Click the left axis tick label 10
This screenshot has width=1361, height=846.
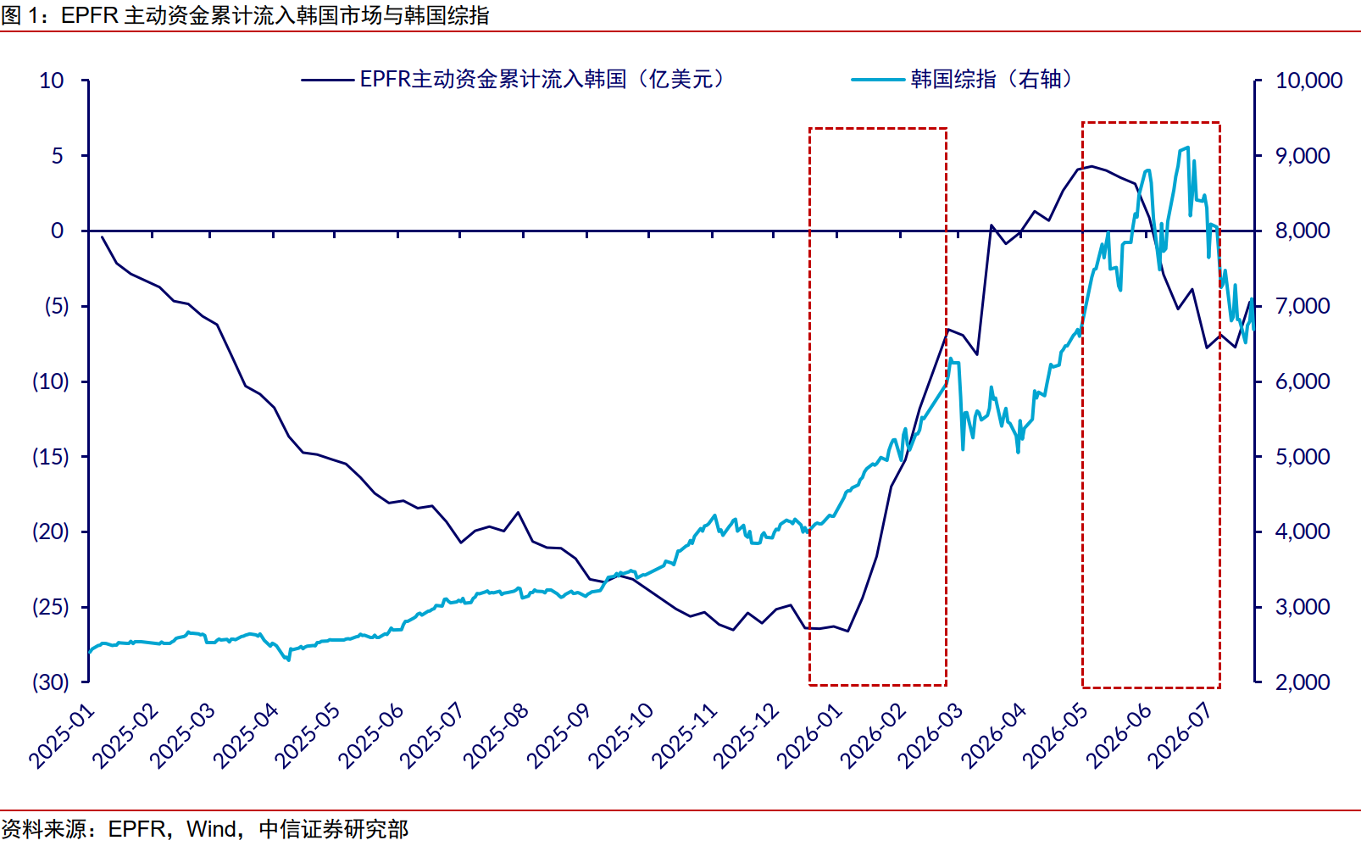[x=52, y=81]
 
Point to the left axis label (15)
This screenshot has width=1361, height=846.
[x=51, y=456]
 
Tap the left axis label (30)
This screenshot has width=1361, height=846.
[x=51, y=682]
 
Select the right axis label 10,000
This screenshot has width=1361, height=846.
[x=1308, y=81]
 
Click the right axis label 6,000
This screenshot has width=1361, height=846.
[x=1303, y=381]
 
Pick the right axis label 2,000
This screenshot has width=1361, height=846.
[x=1303, y=682]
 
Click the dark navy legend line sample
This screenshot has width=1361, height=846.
[x=327, y=80]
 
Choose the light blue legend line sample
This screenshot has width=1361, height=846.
[x=878, y=80]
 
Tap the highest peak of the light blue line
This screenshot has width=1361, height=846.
[x=1188, y=147]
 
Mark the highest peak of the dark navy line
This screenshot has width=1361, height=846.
[x=1092, y=166]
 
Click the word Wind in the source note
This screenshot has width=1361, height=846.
[x=212, y=829]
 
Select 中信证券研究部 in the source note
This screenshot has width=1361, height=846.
[x=334, y=829]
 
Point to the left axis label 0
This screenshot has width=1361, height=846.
[x=57, y=231]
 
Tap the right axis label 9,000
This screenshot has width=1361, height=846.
[x=1303, y=156]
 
